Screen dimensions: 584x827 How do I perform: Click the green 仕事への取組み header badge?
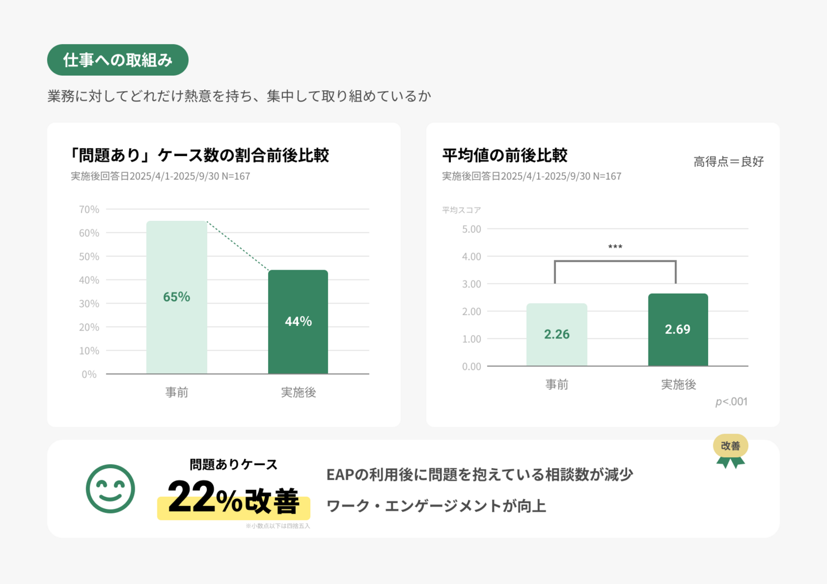(118, 60)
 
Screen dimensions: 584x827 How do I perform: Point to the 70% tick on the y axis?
(89, 209)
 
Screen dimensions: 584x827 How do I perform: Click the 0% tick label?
(89, 374)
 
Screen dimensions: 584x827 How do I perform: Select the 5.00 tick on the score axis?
(472, 229)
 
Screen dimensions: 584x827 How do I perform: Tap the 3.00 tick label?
(472, 284)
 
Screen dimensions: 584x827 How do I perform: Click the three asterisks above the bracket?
(615, 247)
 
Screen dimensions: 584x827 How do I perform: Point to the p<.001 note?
(731, 402)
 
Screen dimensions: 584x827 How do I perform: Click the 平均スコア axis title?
(461, 210)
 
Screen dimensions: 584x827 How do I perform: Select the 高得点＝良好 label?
(728, 162)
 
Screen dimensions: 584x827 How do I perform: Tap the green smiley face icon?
(110, 489)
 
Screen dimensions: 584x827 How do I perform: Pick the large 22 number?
(191, 497)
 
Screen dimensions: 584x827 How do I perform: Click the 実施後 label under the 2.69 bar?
(678, 384)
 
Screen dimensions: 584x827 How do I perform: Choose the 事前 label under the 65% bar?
(177, 392)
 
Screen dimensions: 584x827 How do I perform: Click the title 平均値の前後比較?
(505, 155)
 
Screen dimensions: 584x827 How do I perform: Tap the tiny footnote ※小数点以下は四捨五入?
(277, 526)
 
